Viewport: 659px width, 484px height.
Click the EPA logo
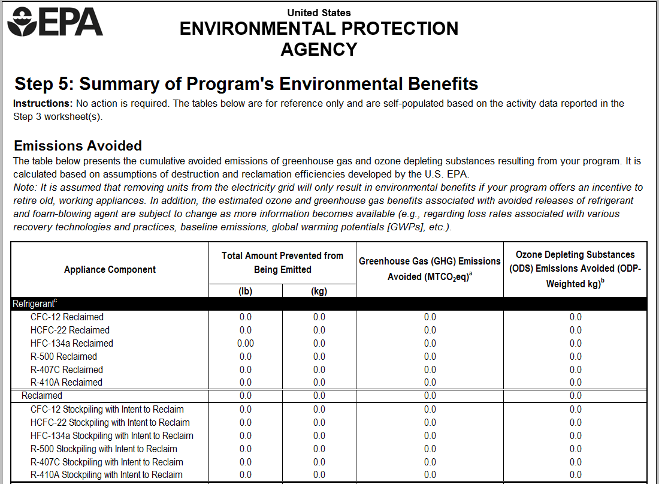[55, 22]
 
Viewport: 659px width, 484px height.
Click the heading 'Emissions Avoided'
[78, 146]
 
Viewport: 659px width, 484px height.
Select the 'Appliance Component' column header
[110, 270]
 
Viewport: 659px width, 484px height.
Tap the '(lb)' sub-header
[246, 291]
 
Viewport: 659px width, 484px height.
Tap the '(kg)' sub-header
[319, 291]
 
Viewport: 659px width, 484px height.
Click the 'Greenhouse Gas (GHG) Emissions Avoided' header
[430, 269]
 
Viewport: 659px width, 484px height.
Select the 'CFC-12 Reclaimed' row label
[67, 317]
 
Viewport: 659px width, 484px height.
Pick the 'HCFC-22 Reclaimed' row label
[70, 330]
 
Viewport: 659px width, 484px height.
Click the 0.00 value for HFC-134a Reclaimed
[246, 343]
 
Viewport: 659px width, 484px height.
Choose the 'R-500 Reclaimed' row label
[64, 356]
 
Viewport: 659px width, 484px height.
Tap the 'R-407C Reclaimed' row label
[66, 369]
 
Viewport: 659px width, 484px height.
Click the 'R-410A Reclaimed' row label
[66, 382]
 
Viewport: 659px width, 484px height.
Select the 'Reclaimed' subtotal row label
[42, 395]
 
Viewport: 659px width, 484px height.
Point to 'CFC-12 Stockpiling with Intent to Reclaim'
[107, 409]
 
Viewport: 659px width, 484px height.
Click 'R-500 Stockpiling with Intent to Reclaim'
[104, 449]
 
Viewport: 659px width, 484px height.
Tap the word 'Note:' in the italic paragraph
[25, 188]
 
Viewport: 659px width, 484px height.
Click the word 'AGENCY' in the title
[319, 49]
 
